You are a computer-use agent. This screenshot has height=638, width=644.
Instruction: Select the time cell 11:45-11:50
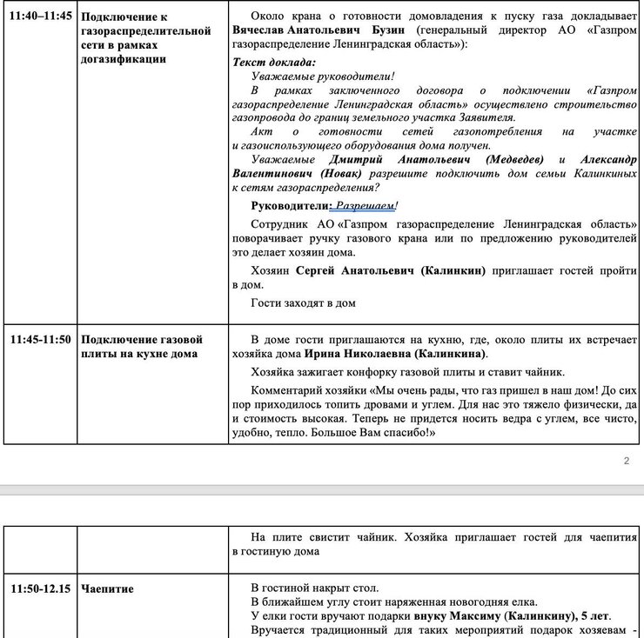[x=39, y=339]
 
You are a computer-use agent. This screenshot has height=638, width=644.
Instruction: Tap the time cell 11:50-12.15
[x=39, y=588]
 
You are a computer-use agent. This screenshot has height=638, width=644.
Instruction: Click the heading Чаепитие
[x=107, y=588]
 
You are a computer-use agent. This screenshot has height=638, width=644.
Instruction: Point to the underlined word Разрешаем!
[x=366, y=207]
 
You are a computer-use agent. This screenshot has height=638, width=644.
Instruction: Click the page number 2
[x=626, y=461]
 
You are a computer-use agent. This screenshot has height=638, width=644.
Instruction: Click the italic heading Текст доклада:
[x=275, y=62]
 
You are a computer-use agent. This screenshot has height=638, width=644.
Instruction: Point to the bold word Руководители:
[x=290, y=207]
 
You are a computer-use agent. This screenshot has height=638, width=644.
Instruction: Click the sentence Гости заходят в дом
[x=303, y=303]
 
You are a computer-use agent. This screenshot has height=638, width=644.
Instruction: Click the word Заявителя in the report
[x=486, y=117]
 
